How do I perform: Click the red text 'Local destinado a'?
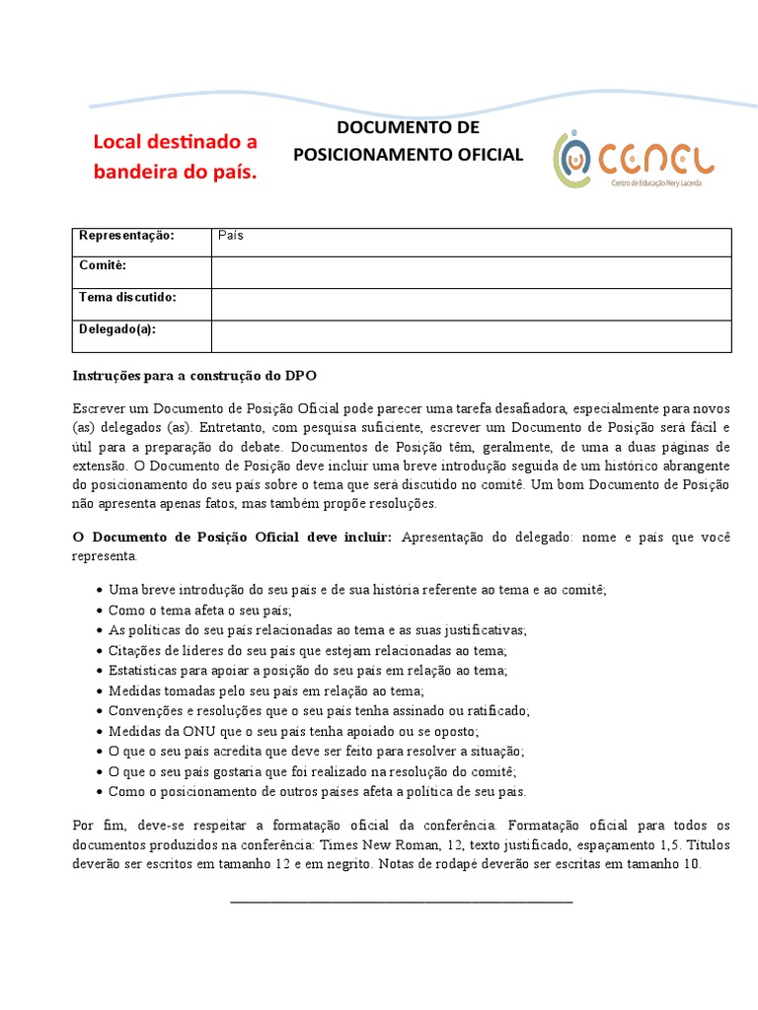pos(175,141)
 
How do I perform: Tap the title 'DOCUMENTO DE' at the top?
pos(408,128)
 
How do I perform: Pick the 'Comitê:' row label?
pos(103,266)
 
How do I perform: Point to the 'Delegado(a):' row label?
pos(117,328)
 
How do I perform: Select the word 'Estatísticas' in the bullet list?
pos(143,671)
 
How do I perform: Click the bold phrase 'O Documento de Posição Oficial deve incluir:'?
pos(232,537)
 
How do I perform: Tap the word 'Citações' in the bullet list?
pos(135,650)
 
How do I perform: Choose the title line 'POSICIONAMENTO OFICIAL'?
pos(408,155)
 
